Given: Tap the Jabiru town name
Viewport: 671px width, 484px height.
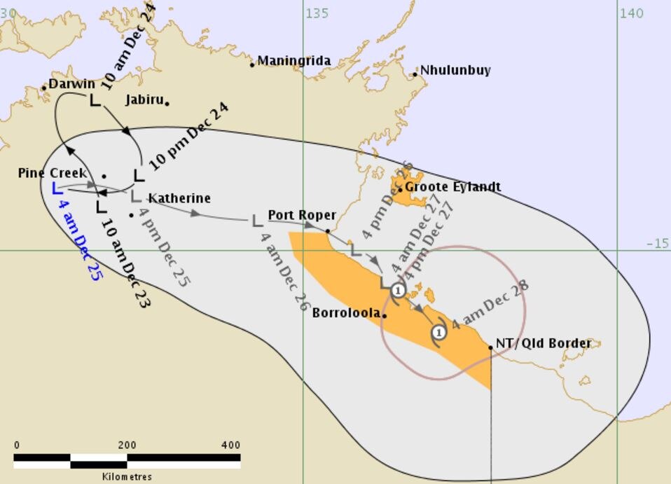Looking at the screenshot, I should pyautogui.click(x=144, y=99).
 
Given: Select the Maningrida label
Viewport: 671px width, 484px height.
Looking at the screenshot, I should pyautogui.click(x=294, y=61).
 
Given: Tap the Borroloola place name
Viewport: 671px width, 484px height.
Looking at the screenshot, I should pyautogui.click(x=347, y=313).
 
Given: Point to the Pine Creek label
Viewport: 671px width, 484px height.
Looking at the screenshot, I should pyautogui.click(x=53, y=173).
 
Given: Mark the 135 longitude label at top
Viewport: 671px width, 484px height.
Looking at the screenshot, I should pyautogui.click(x=317, y=13).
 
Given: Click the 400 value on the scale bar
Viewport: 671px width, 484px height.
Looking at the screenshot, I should pyautogui.click(x=231, y=445).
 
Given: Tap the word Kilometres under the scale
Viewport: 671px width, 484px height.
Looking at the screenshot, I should pyautogui.click(x=127, y=476).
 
